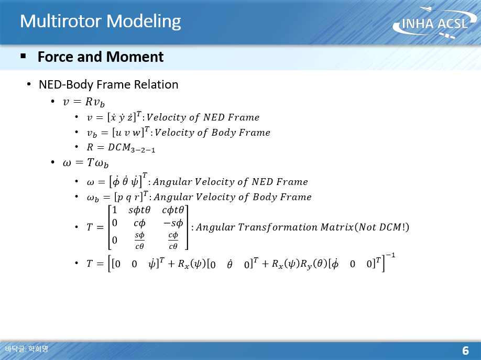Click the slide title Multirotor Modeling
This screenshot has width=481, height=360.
(x=100, y=21)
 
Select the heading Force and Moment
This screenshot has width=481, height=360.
(x=101, y=57)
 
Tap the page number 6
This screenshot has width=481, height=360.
(x=465, y=351)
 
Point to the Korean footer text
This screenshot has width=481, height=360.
(x=27, y=348)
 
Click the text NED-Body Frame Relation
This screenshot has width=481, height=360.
(x=108, y=84)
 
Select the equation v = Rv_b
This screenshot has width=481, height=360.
(x=83, y=102)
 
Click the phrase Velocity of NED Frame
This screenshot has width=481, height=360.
(x=203, y=117)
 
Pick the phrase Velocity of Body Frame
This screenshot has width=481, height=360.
(x=212, y=132)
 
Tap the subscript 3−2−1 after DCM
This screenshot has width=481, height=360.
(x=143, y=150)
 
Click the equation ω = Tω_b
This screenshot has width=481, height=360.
(x=85, y=162)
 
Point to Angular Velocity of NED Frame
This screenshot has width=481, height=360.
(x=231, y=182)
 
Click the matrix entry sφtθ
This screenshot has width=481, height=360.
(x=139, y=210)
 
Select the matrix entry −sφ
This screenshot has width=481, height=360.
(x=173, y=223)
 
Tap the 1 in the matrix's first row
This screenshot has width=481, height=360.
(x=115, y=210)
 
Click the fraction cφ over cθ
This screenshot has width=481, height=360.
(x=173, y=241)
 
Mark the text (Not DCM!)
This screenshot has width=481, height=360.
(x=381, y=227)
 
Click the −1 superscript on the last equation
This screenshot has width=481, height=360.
(x=390, y=255)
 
